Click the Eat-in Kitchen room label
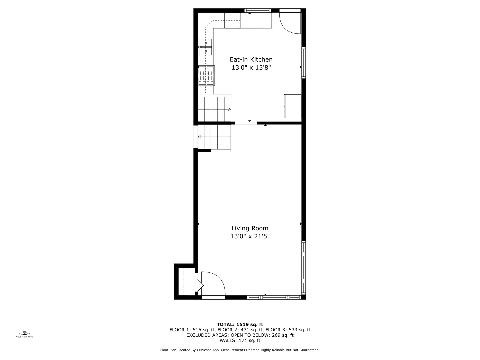point(251,60)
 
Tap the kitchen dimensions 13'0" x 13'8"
point(251,68)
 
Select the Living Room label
point(250,228)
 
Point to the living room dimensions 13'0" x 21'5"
point(250,236)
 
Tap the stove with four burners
point(206,75)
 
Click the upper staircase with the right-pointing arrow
point(214,109)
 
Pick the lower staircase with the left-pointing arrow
point(214,137)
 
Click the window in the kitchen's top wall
point(258,11)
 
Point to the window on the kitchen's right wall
point(303,63)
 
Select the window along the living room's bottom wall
point(274,297)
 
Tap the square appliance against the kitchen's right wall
point(292,106)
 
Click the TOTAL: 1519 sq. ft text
point(240,324)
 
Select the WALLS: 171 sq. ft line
point(240,340)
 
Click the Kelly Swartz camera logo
point(25,335)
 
